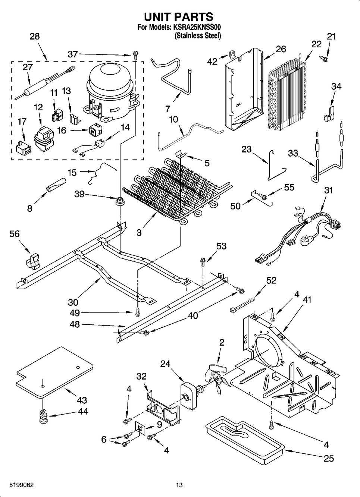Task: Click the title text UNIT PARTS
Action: (179, 17)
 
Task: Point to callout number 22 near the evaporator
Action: (316, 44)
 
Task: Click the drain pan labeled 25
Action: (244, 438)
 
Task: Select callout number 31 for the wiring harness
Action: (328, 190)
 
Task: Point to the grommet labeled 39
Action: (120, 201)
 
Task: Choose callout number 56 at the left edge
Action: (15, 234)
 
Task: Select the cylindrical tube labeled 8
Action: (56, 185)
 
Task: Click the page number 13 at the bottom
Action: (179, 485)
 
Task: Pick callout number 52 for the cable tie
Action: (271, 280)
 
